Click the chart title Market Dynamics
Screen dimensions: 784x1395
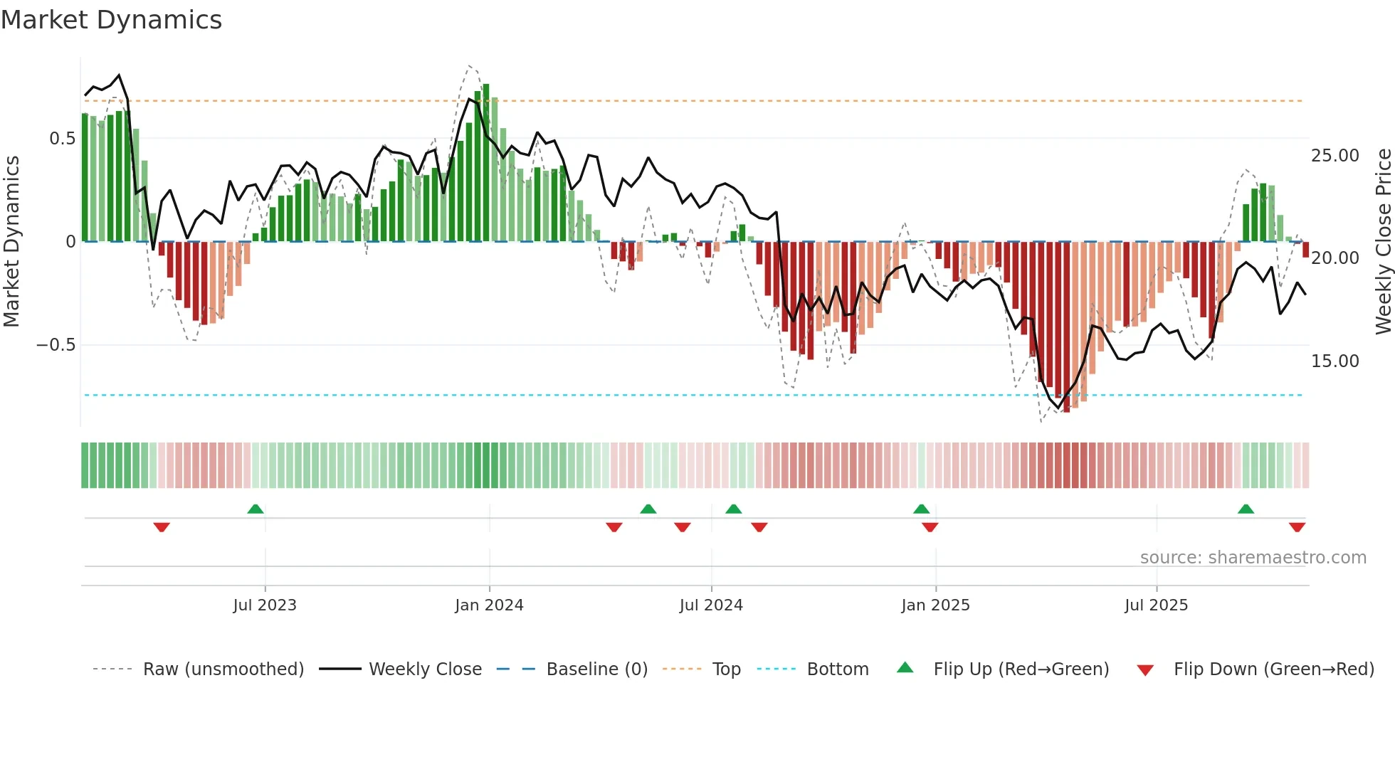(112, 20)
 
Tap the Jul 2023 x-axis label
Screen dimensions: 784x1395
(265, 605)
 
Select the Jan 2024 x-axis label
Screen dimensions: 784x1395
(489, 605)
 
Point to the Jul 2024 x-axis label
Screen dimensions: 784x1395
(711, 605)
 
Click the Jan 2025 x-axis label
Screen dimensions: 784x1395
(935, 605)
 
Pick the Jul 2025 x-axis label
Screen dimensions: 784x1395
(1156, 605)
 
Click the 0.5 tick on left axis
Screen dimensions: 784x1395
(62, 139)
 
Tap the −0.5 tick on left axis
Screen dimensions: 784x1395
(56, 345)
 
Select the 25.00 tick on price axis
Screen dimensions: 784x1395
(1335, 156)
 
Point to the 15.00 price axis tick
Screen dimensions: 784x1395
(1335, 361)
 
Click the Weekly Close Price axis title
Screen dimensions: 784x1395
(1383, 241)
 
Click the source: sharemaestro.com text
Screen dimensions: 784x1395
(1253, 558)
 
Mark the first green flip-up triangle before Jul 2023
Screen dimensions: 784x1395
(256, 509)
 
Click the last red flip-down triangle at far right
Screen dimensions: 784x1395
(1297, 527)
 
